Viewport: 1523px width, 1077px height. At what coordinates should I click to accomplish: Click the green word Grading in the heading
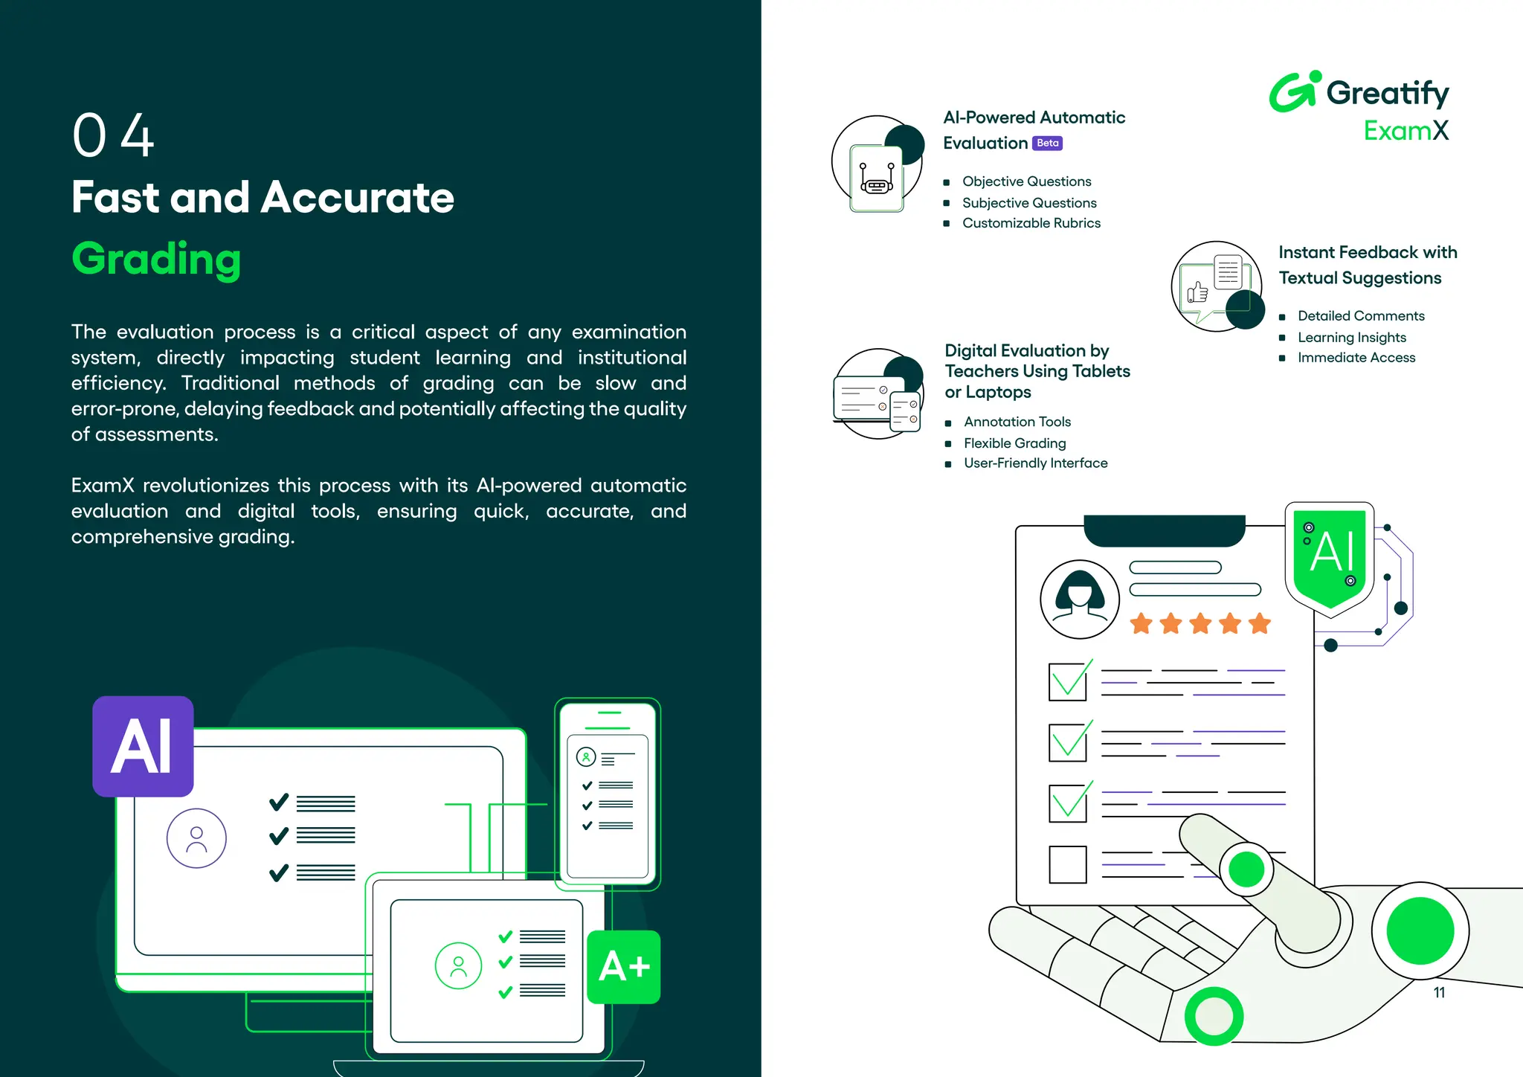(x=156, y=259)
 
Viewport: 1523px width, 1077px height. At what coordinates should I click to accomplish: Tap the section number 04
(x=112, y=135)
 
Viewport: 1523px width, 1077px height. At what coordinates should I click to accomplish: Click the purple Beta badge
(x=1047, y=143)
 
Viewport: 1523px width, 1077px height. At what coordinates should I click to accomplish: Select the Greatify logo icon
(x=1294, y=92)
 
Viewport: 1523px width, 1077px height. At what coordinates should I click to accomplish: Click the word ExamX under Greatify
(x=1406, y=131)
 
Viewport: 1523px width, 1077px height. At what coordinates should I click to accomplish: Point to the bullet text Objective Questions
(x=1026, y=181)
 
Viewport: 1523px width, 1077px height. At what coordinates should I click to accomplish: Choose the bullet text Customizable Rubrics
(x=1031, y=223)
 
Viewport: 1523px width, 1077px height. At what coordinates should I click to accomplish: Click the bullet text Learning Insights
(x=1351, y=338)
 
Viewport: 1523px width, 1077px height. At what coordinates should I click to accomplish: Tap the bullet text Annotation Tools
(x=1017, y=422)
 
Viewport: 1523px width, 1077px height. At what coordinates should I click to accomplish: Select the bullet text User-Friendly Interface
(x=1035, y=463)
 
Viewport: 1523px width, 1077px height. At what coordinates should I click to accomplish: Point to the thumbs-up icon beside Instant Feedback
(x=1197, y=292)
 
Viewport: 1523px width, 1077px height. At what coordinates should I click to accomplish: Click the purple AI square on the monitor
(x=143, y=746)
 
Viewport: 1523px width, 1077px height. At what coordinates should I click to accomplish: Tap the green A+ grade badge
(x=624, y=967)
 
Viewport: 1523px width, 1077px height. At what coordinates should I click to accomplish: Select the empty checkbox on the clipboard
(x=1067, y=864)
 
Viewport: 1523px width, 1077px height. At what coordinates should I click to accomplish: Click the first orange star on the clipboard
(x=1141, y=623)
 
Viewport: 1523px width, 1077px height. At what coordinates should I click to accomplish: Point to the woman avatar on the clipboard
(x=1079, y=599)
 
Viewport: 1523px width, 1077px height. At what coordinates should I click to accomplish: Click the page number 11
(x=1439, y=992)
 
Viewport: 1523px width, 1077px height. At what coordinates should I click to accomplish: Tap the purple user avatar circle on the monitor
(x=196, y=838)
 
